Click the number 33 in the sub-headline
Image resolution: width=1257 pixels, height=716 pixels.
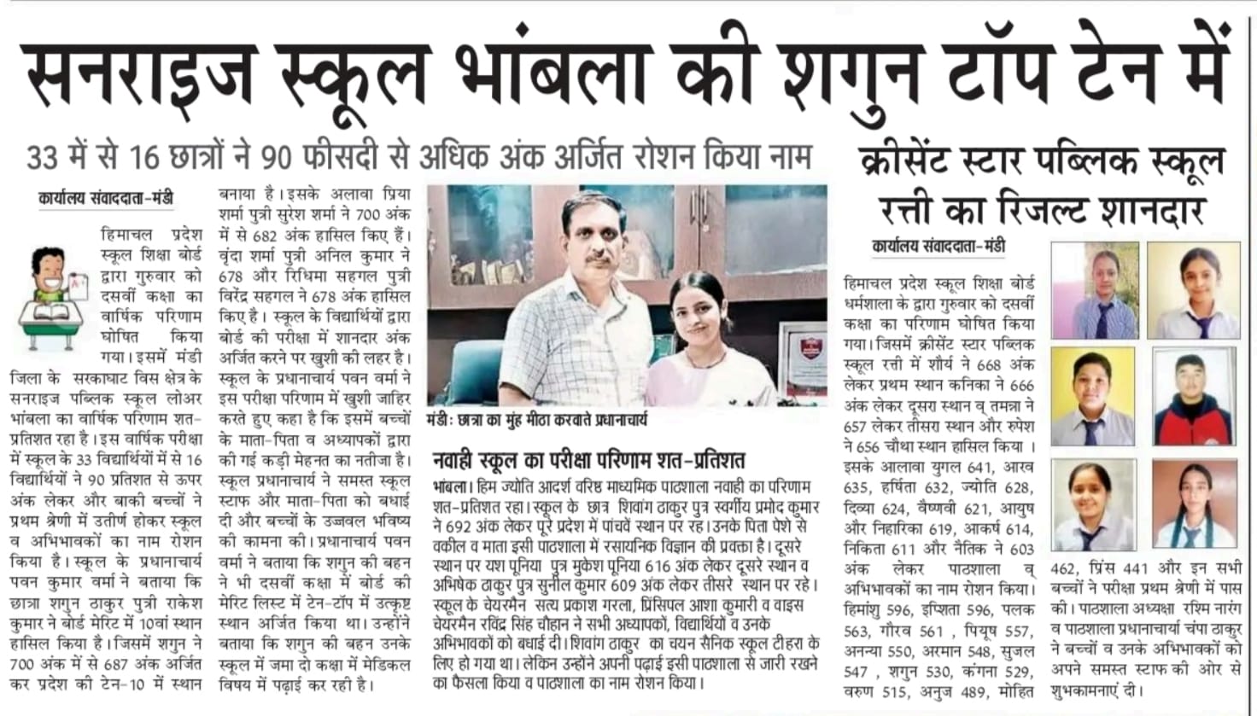(x=44, y=159)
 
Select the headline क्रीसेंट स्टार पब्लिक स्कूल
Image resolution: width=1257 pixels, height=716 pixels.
(x=1043, y=160)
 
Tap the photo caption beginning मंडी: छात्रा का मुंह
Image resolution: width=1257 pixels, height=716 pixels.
(x=537, y=421)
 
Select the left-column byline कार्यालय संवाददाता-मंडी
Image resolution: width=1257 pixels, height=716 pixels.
(x=106, y=199)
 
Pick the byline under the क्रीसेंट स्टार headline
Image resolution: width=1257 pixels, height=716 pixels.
(x=938, y=246)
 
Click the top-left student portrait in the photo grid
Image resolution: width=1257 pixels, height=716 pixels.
(x=1094, y=289)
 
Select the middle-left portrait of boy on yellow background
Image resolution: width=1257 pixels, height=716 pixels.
(x=1094, y=396)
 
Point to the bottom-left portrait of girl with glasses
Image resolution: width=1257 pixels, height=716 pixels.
(x=1094, y=505)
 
